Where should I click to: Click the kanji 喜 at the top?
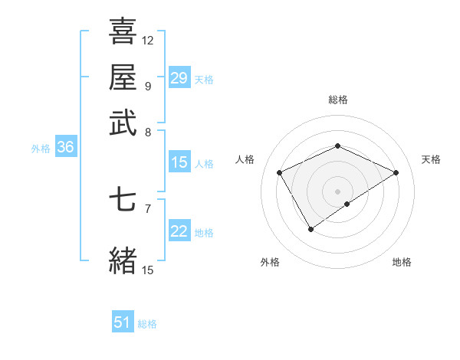123,31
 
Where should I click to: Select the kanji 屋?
123,77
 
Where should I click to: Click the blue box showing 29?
179,78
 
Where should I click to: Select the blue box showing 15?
179,162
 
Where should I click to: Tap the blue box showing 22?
179,231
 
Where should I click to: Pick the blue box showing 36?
64,148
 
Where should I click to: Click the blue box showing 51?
123,323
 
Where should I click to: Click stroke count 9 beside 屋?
148,85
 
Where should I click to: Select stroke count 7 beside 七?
148,208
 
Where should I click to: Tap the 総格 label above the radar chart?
338,100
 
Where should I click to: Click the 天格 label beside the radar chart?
431,159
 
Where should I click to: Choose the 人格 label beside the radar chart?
245,159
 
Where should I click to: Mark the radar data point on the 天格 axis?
396,172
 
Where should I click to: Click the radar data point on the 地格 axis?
347,204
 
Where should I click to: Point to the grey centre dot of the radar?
338,191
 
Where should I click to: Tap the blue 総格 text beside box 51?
147,324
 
